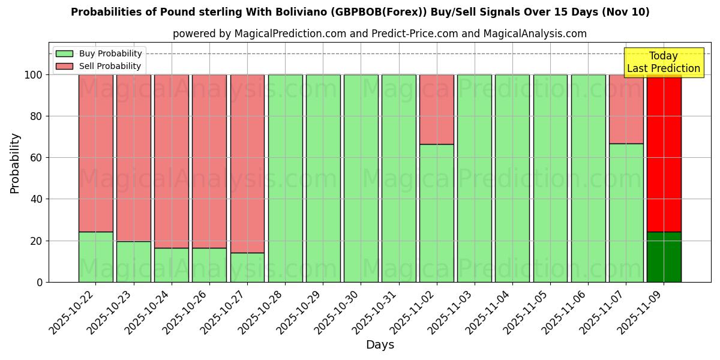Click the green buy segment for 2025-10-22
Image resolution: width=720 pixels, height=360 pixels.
[x=95, y=257]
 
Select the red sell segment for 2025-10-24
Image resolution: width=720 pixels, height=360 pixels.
[x=172, y=161]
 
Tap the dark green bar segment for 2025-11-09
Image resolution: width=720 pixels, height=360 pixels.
[x=664, y=257]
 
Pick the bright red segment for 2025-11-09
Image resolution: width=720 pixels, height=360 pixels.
[x=664, y=153]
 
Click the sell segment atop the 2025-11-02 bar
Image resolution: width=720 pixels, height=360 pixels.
[x=437, y=109]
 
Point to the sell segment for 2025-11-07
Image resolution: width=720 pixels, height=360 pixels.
[x=626, y=109]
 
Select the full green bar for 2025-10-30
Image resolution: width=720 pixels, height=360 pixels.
[x=361, y=178]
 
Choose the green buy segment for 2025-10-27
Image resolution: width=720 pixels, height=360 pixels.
[x=247, y=267]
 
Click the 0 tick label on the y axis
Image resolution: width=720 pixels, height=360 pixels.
[x=40, y=282]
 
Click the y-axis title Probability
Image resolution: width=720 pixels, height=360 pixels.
[x=15, y=163]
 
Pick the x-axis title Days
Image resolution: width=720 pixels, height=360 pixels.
[x=380, y=345]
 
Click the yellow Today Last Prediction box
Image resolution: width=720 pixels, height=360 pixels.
[x=663, y=62]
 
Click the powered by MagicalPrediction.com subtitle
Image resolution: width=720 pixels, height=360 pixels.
[x=380, y=34]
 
